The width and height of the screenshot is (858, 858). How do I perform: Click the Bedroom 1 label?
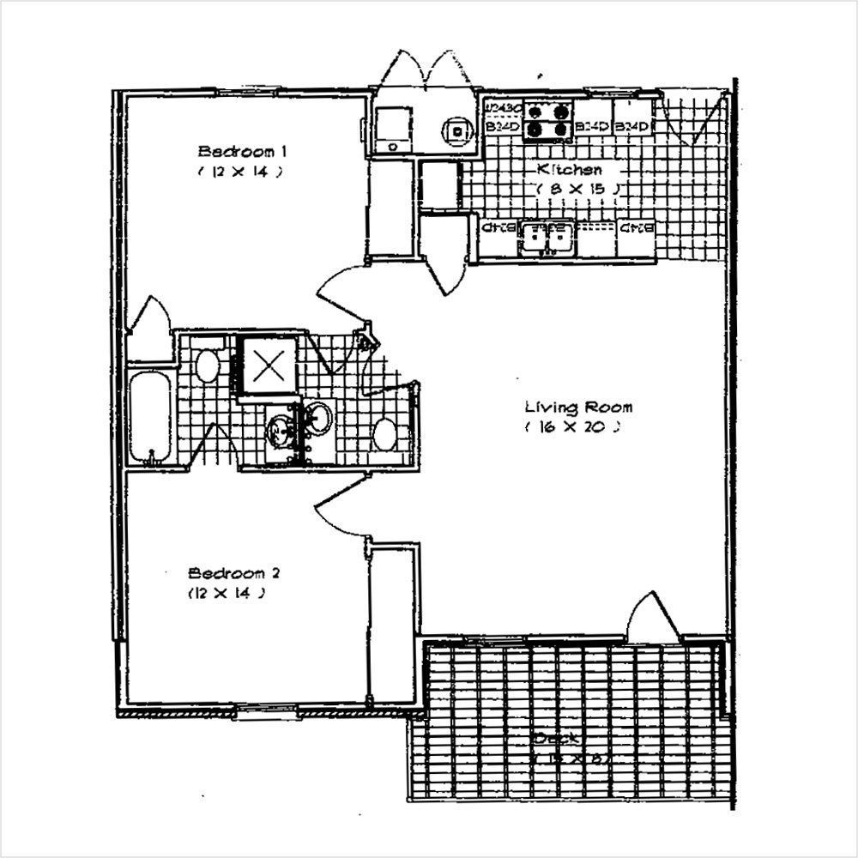point(242,152)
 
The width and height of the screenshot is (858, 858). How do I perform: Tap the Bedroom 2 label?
point(233,573)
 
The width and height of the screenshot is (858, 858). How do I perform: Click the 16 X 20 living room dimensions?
point(569,426)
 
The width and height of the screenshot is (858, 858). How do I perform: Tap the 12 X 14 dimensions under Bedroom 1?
point(240,172)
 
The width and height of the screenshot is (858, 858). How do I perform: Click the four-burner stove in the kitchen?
point(548,119)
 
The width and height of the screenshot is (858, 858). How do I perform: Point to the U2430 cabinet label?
point(502,108)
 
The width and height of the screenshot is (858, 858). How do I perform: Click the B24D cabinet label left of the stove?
point(502,128)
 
